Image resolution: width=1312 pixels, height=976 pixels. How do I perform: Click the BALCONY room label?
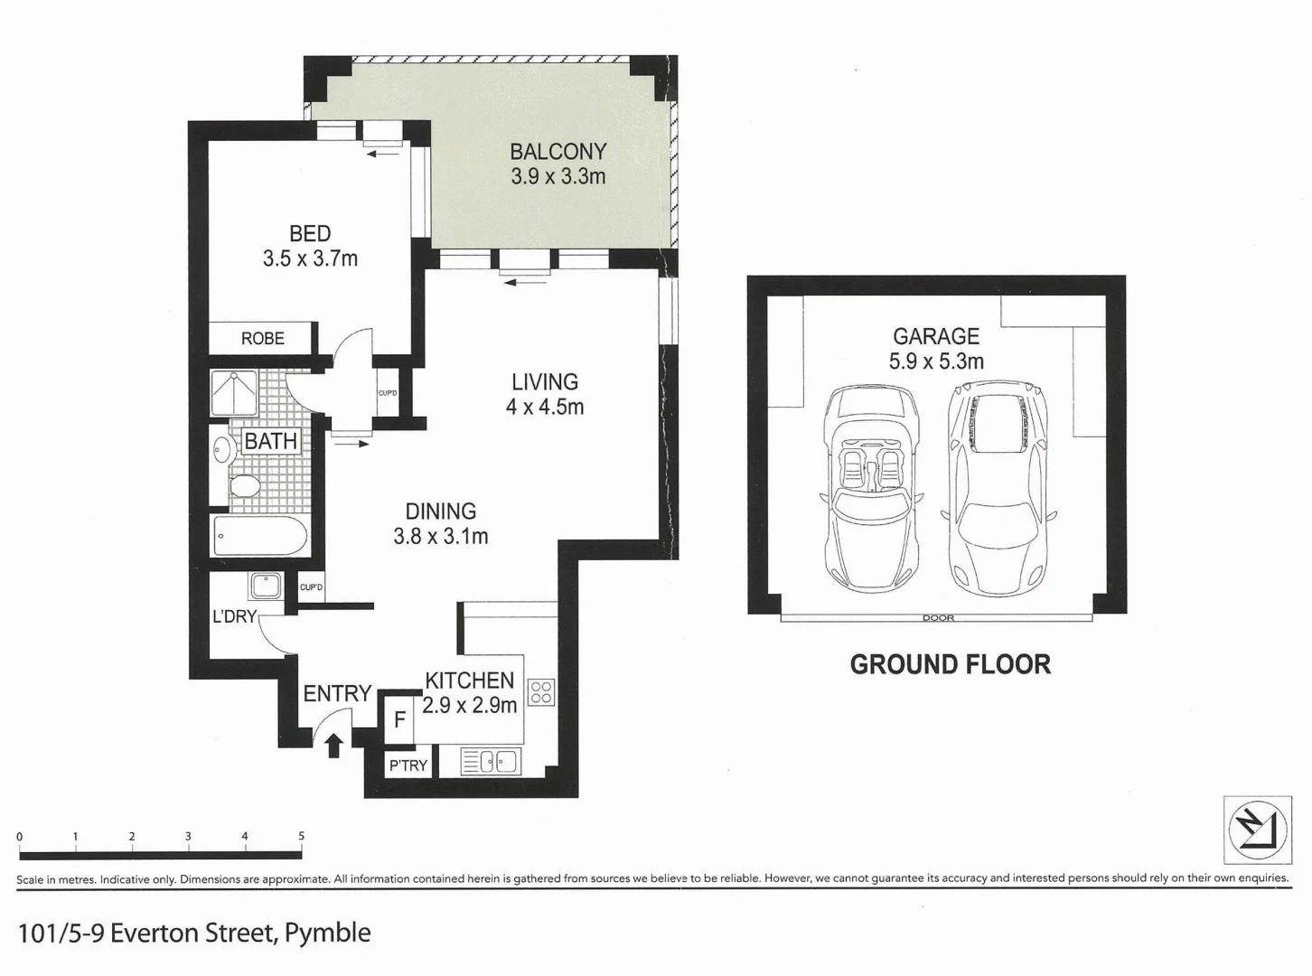click(558, 152)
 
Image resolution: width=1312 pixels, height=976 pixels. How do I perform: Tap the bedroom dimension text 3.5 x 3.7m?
click(310, 259)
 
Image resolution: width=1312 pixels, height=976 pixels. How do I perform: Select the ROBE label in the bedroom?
click(263, 338)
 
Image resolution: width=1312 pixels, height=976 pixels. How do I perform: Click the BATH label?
click(271, 441)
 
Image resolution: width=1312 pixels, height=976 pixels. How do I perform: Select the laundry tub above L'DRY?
click(267, 586)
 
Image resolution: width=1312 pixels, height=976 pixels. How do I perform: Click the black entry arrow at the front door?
click(333, 745)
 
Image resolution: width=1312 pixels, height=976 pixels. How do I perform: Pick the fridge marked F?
click(399, 720)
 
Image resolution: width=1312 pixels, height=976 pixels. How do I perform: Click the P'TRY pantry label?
click(408, 765)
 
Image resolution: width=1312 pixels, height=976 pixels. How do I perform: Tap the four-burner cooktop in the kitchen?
click(541, 693)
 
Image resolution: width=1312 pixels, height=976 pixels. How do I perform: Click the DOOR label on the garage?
click(938, 618)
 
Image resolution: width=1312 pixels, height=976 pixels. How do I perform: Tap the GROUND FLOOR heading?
click(951, 665)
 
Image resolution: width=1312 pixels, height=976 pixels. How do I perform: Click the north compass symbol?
click(1257, 829)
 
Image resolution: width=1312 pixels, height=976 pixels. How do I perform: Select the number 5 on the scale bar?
click(302, 837)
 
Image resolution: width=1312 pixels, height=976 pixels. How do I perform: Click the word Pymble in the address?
click(327, 933)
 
